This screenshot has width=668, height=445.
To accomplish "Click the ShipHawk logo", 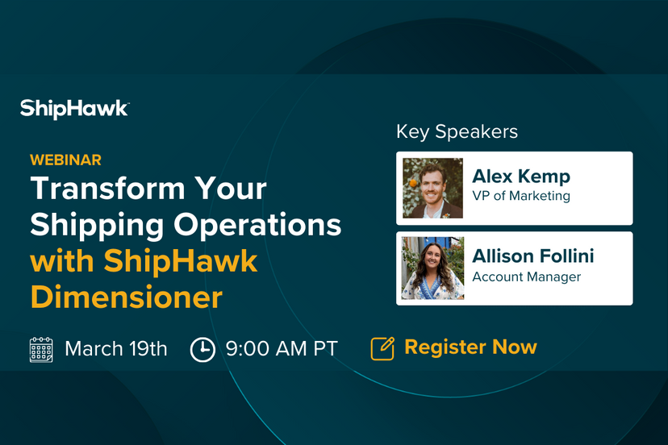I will click(x=74, y=108).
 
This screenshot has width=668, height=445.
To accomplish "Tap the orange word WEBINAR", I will click(x=66, y=160).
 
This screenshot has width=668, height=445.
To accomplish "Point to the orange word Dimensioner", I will click(x=127, y=297).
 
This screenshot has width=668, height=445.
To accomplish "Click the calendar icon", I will click(x=41, y=349).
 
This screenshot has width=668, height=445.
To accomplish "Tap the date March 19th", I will click(x=116, y=348).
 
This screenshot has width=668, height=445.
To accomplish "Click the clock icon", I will click(x=202, y=349).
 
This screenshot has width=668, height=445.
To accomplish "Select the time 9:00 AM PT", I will click(x=282, y=348).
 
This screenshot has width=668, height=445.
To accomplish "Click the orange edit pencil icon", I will click(x=382, y=348).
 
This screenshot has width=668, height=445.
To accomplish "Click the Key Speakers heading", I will click(x=457, y=131).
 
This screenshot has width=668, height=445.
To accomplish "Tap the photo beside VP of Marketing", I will click(x=432, y=188).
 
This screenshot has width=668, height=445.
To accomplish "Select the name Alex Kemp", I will click(x=520, y=176).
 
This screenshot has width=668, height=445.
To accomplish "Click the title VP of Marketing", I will click(x=521, y=196).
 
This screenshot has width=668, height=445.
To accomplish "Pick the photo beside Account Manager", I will click(x=432, y=268).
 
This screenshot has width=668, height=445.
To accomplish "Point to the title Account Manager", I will click(x=527, y=277).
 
